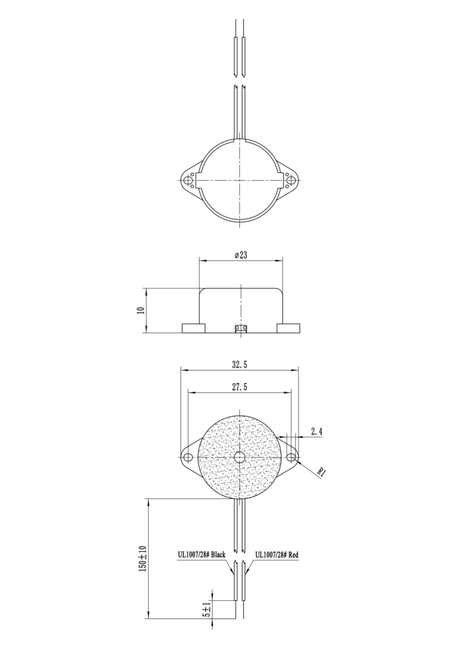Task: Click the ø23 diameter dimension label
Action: point(241,255)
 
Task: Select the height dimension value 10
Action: point(140,310)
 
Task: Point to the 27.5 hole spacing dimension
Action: point(239,387)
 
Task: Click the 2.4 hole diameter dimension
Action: point(317,431)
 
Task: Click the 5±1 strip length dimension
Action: point(206,609)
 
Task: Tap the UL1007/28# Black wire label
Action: point(201,555)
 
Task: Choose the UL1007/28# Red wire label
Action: point(276,555)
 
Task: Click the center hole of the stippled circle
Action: point(239,457)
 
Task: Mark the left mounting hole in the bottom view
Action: point(188,457)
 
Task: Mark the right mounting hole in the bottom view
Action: point(291,457)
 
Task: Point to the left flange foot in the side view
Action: point(192,327)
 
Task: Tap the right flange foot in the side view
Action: point(288,327)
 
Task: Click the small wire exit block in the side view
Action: point(241,327)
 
